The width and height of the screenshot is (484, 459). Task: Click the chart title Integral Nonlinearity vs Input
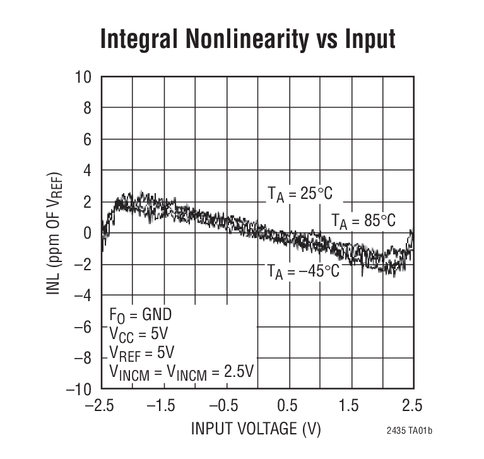pos(247,39)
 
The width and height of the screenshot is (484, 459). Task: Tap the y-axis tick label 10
pos(83,77)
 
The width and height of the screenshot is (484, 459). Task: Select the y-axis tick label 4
pos(87,170)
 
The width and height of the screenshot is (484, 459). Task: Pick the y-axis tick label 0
pos(87,233)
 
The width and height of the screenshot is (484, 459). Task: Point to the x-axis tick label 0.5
pos(288,405)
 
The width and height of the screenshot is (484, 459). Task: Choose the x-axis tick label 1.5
pos(351,405)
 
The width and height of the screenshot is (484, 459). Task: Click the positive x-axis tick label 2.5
pos(413,405)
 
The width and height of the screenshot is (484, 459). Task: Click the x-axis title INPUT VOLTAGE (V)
pos(256,429)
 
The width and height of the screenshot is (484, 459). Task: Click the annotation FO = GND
pos(140,314)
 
